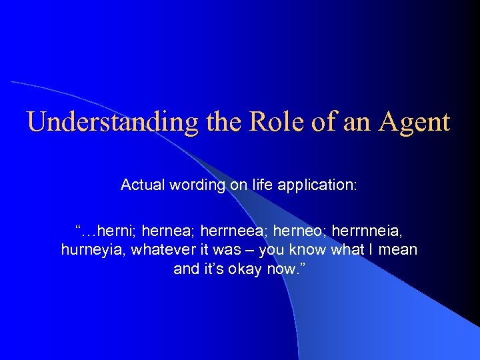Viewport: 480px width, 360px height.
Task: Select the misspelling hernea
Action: pyautogui.click(x=163, y=231)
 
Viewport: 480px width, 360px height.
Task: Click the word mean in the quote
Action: pyautogui.click(x=400, y=251)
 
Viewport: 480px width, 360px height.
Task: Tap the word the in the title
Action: pyautogui.click(x=218, y=122)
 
